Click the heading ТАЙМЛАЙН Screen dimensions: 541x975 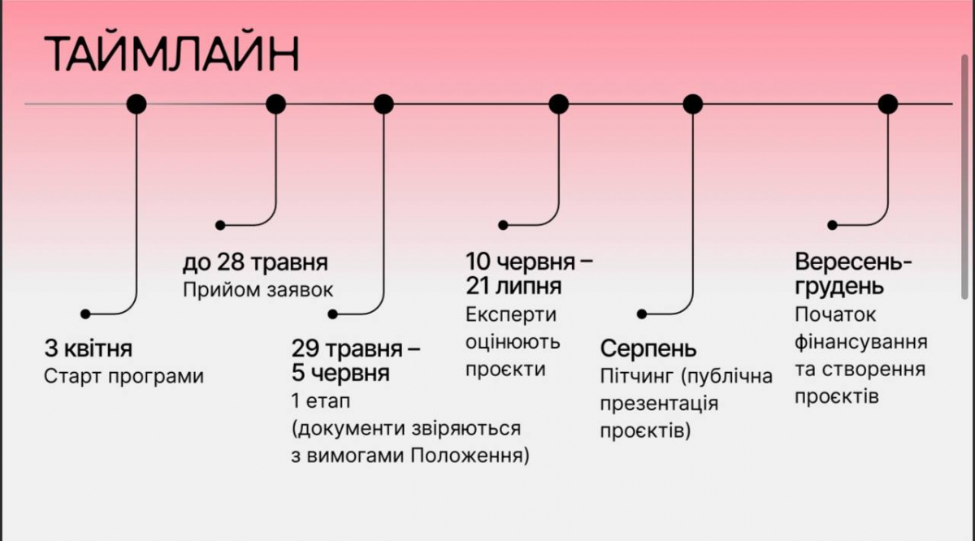point(171,54)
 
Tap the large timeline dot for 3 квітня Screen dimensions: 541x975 point(136,104)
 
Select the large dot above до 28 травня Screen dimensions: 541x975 point(276,104)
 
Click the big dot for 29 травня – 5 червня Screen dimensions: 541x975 point(383,104)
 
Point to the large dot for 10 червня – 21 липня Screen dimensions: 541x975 point(559,104)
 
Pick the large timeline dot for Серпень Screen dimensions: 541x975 point(692,104)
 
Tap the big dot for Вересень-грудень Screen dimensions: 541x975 point(888,104)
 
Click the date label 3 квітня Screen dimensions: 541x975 point(89,350)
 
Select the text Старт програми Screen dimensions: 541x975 point(123,377)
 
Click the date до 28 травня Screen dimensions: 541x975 point(255,262)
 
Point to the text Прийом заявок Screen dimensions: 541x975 point(258,290)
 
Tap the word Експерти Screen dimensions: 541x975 point(511,314)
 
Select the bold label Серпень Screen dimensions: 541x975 point(648,349)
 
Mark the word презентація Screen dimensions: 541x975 point(659,404)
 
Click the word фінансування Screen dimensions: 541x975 point(861,341)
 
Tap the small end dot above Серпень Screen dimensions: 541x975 point(641,314)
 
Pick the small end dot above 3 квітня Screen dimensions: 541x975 point(84,314)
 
